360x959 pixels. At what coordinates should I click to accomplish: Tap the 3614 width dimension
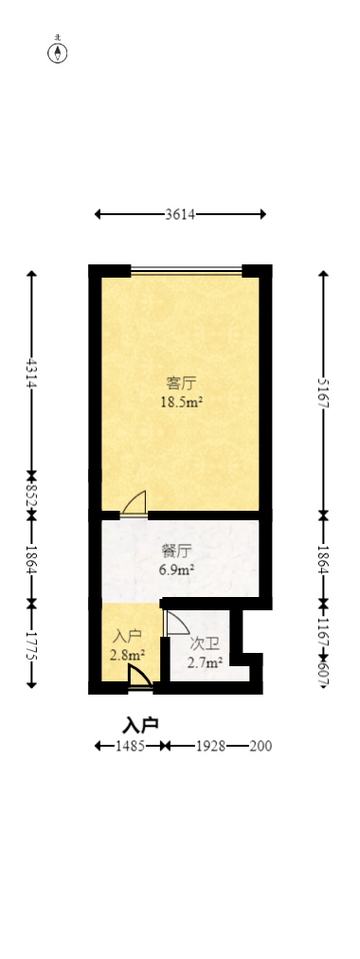tap(180, 215)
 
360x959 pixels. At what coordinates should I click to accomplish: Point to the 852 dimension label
tap(32, 495)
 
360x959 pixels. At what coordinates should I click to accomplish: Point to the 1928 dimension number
tap(209, 747)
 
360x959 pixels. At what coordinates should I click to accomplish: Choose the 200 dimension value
tap(261, 747)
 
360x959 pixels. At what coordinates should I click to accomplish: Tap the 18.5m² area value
tap(183, 402)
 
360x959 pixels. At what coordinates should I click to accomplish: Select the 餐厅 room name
tap(177, 551)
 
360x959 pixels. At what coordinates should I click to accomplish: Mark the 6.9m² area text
tap(177, 570)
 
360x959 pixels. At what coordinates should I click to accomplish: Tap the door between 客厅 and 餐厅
tap(135, 503)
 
